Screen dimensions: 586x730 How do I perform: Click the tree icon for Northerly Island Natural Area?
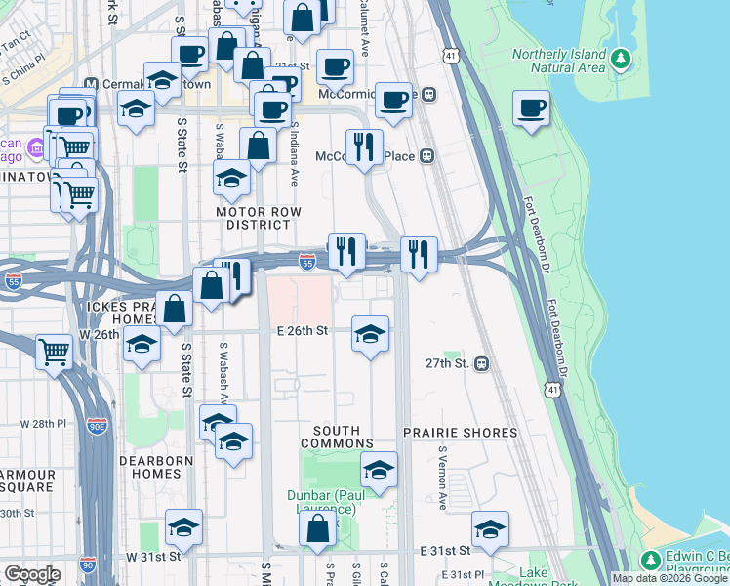pos(621,60)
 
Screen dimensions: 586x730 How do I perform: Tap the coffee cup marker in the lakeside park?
pos(531,108)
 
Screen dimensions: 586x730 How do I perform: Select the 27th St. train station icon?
pos(481,363)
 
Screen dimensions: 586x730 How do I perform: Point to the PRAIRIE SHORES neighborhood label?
pos(461,433)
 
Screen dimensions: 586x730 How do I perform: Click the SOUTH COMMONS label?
pos(337,437)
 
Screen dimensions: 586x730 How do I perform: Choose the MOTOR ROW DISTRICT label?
pos(259,219)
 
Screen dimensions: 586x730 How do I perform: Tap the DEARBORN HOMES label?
pos(150,466)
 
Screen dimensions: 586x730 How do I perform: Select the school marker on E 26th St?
pos(370,335)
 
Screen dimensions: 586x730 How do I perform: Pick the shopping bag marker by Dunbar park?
pos(318,531)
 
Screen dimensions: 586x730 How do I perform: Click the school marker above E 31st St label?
pos(490,530)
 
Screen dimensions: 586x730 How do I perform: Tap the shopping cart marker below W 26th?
pos(54,352)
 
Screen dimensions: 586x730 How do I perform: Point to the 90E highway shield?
pos(98,427)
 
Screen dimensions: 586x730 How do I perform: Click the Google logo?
pos(31,573)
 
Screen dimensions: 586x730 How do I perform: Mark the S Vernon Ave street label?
pos(442,480)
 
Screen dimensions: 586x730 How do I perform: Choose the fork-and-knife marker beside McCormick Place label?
pos(364,147)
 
